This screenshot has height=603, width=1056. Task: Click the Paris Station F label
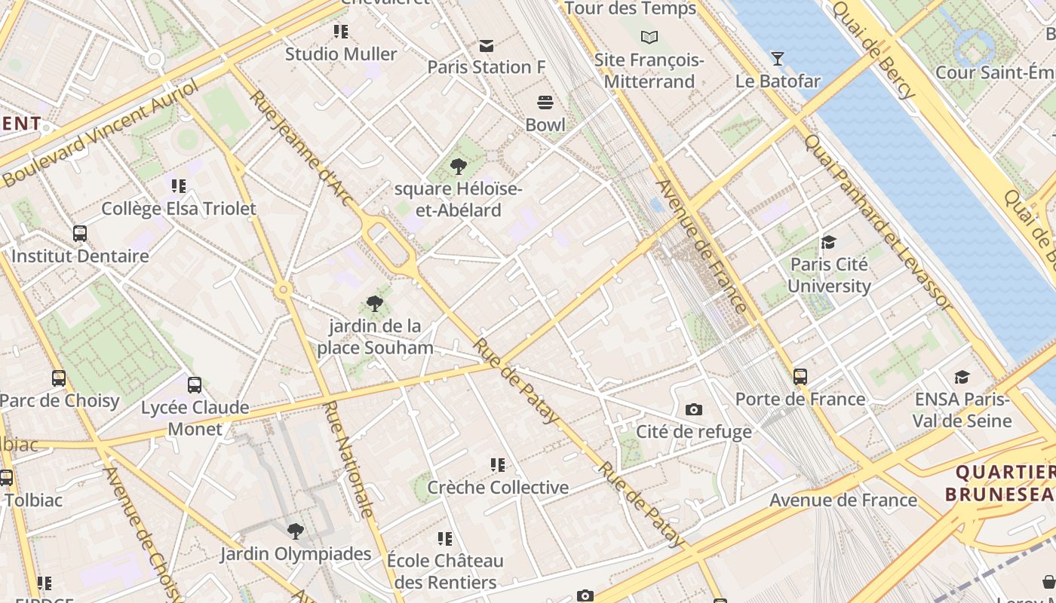click(x=486, y=67)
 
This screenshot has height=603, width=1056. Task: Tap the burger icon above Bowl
click(x=545, y=103)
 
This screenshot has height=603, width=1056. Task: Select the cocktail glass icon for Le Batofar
click(x=778, y=58)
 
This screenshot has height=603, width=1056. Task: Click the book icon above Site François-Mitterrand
click(x=649, y=37)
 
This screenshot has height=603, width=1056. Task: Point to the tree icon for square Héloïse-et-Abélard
click(x=458, y=167)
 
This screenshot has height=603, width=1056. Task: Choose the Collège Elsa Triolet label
click(x=179, y=209)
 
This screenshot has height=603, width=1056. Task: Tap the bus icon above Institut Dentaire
click(x=80, y=234)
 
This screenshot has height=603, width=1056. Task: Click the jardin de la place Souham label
click(x=375, y=337)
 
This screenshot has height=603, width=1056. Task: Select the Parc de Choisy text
click(x=60, y=400)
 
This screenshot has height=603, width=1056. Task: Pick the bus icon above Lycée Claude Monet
click(x=195, y=385)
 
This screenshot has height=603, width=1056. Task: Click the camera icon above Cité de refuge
click(x=694, y=409)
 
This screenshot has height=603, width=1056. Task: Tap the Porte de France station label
click(x=800, y=399)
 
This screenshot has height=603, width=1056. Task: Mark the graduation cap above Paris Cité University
click(x=828, y=242)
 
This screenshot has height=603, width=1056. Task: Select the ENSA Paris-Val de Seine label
click(x=961, y=409)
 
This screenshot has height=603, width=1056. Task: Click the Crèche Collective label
click(x=498, y=488)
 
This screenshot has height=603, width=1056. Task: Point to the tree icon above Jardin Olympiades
click(x=296, y=531)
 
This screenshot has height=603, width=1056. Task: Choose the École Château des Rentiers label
click(x=444, y=571)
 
